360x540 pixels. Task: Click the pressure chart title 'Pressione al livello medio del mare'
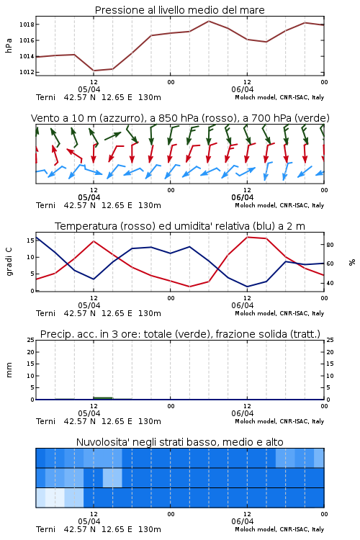pos(179,10)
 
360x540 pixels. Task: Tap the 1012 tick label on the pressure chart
pos(27,72)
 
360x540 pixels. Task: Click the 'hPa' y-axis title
pos(9,45)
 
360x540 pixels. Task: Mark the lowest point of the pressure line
pos(94,71)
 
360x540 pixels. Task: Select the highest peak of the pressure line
pos(209,21)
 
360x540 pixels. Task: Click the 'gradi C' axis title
pos(9,262)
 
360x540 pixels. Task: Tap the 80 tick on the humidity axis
pos(330,245)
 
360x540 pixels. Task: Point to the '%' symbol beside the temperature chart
pos(352,262)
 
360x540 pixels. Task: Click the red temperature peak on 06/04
pos(248,237)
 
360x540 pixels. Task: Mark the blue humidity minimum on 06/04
pos(248,287)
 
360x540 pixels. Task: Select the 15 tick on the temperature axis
pos(30,240)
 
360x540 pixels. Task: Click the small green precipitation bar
pos(103,398)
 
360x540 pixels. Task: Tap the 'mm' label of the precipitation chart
pos(9,370)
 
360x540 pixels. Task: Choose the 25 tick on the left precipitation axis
pos(30,340)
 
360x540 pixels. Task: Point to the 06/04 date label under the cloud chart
pos(243,521)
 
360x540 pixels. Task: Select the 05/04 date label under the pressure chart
pos(89,89)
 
